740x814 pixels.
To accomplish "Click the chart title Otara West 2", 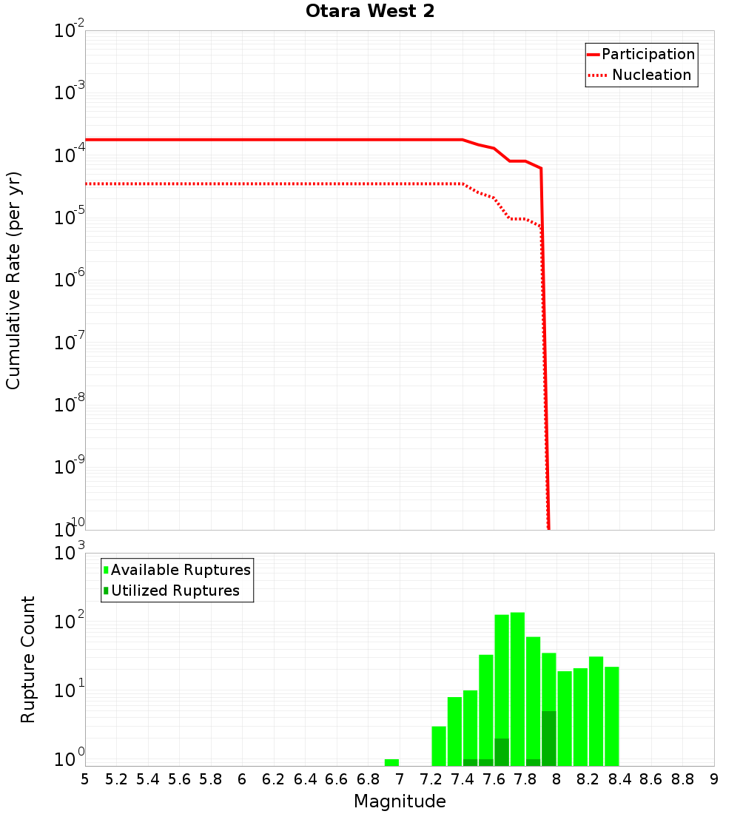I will coord(371,11).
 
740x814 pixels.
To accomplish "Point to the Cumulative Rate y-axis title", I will coord(13,280).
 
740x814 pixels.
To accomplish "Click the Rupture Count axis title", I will coord(28,659).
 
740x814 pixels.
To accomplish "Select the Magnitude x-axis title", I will coord(400,801).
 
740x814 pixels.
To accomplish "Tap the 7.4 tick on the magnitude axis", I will coord(462,778).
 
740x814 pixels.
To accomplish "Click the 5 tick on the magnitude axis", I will coord(85,778).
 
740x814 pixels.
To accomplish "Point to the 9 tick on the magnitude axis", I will coord(714,778).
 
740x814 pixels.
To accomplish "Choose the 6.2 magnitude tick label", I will coord(274,778).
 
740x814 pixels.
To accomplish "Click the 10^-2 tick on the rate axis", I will coord(70,32).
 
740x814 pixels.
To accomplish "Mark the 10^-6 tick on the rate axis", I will coord(70,280).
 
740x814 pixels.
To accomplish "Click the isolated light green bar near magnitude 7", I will coord(391,762).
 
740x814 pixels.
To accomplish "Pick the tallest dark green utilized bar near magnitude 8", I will coord(548,739).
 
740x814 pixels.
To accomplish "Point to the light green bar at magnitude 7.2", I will coord(439,746).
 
